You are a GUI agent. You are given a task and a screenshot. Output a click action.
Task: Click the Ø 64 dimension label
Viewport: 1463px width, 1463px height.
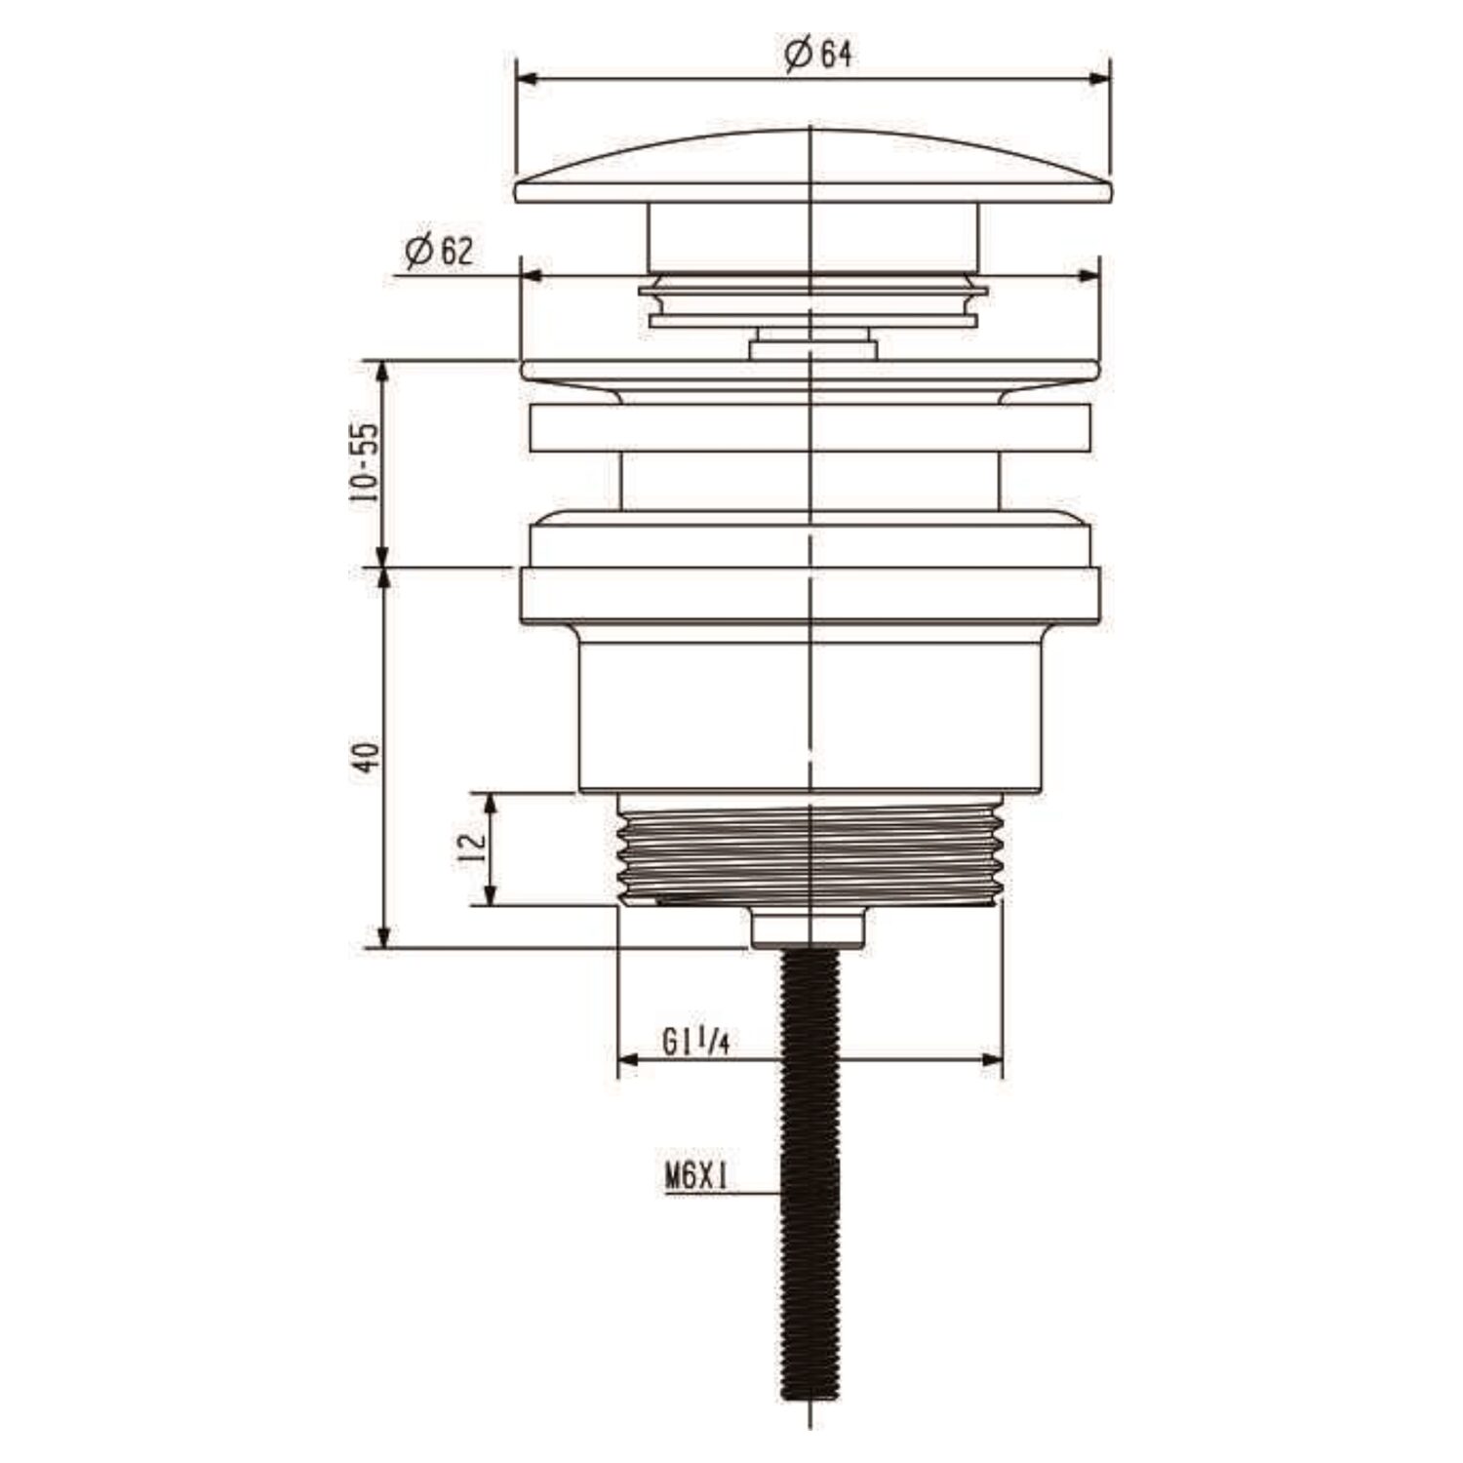coord(817,56)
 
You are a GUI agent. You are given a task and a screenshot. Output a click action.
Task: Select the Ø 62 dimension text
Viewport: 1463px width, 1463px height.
coord(438,253)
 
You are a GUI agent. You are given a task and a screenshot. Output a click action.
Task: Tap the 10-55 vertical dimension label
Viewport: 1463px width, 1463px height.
coord(364,462)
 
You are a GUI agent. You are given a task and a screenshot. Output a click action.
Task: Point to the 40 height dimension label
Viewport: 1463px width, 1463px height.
coord(365,757)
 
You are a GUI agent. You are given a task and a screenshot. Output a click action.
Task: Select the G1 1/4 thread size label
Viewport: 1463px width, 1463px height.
coord(696,1043)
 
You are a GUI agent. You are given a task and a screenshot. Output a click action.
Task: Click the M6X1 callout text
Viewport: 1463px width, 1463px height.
coord(698,1178)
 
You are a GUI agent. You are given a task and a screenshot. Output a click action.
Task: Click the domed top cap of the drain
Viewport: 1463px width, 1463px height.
coord(812,168)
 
